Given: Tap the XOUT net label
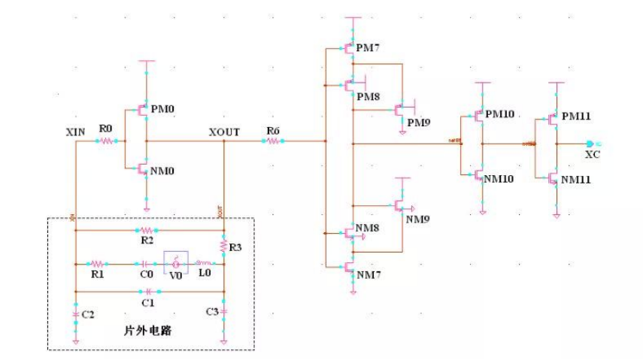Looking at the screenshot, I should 224,132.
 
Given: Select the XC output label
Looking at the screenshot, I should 592,153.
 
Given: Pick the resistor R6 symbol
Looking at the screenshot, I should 273,141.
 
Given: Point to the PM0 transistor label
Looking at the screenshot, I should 162,109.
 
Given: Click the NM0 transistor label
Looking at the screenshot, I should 162,171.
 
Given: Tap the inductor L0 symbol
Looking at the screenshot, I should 204,264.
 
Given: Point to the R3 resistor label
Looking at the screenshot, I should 235,247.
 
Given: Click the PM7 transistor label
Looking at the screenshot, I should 369,49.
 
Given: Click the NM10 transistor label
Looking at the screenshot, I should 499,180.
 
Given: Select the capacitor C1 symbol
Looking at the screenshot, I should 148,290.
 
